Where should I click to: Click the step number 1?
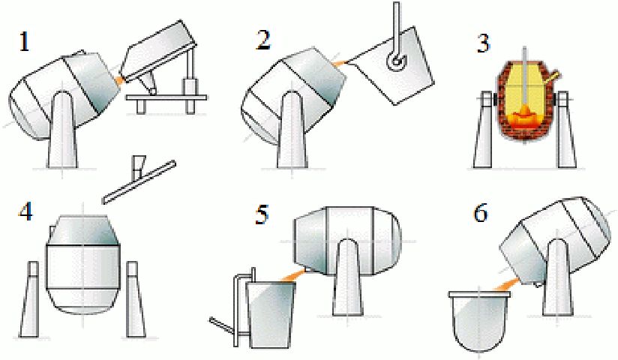(25, 42)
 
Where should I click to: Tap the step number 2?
(263, 40)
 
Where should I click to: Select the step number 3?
(483, 43)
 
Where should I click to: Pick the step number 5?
(262, 215)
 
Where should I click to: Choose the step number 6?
(481, 213)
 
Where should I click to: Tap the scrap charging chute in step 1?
(157, 50)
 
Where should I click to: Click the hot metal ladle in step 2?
(394, 65)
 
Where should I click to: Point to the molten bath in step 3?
(523, 118)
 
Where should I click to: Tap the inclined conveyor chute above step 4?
(139, 182)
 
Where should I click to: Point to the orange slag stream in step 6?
(505, 285)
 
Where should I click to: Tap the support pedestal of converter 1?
(62, 130)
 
